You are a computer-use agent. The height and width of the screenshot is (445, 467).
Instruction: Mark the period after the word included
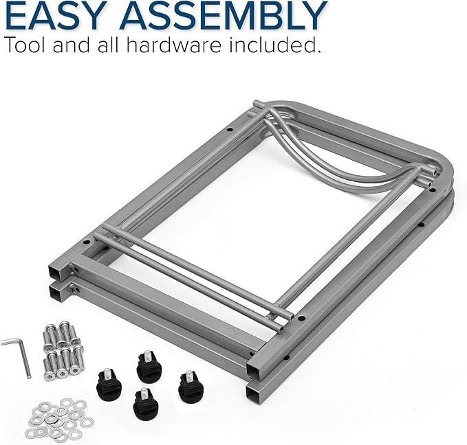[318, 52]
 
